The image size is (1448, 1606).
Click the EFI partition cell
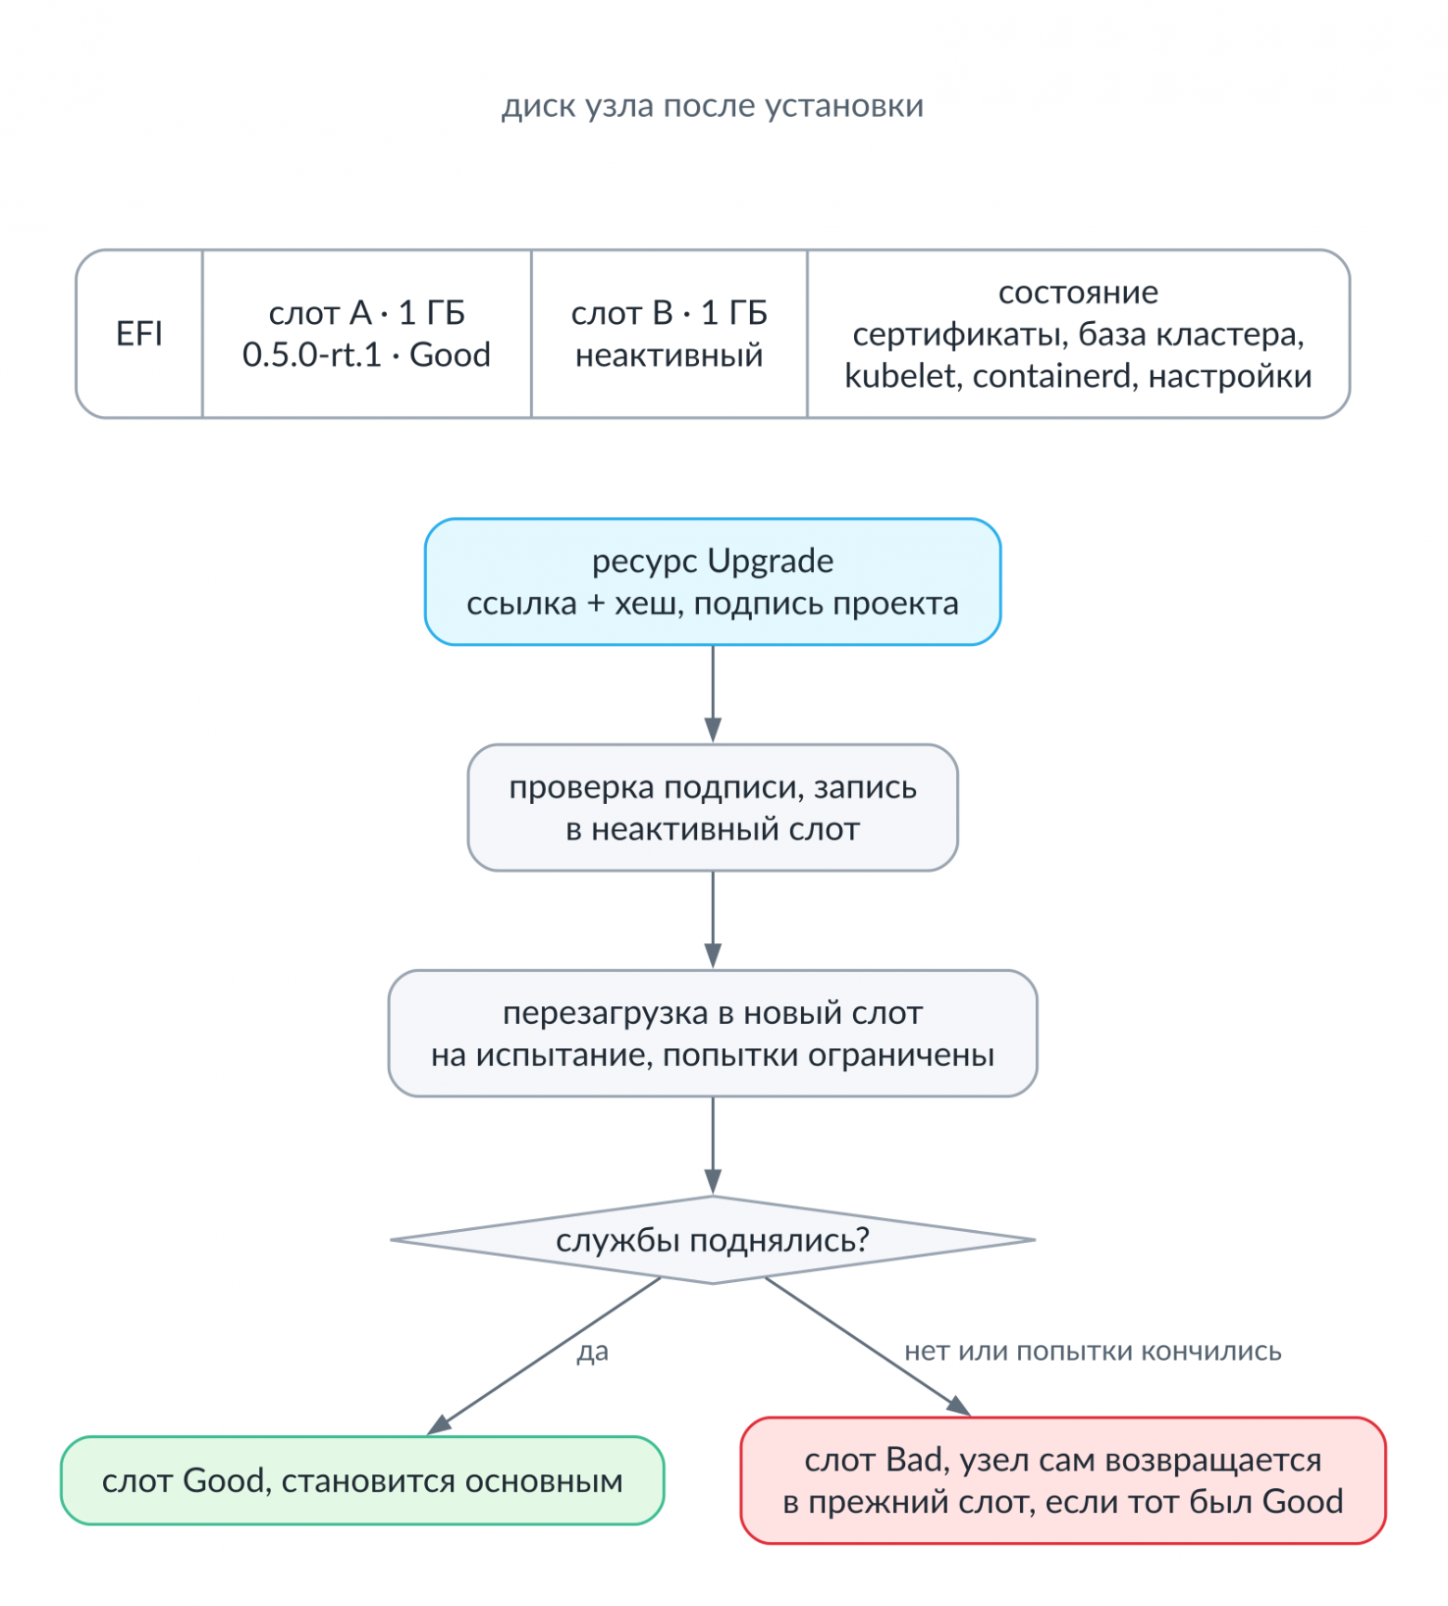(139, 333)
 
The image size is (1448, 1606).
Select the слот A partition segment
(367, 333)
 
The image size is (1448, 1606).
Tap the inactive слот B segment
(669, 333)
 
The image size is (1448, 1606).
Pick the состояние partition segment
(1079, 333)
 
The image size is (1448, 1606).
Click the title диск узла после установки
(713, 107)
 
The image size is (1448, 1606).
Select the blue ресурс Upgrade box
(713, 582)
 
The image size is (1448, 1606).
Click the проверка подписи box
(713, 808)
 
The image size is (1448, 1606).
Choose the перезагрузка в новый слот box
(713, 1033)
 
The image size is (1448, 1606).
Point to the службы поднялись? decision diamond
(713, 1240)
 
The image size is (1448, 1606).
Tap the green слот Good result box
(363, 1481)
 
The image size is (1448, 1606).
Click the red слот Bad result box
(1063, 1481)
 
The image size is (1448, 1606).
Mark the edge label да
(593, 1352)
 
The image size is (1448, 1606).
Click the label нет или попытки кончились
(1092, 1352)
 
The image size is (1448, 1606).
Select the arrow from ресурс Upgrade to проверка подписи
(713, 694)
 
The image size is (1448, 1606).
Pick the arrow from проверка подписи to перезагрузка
(713, 920)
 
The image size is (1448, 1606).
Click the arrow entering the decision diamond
(713, 1146)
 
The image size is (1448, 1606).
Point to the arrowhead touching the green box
(438, 1425)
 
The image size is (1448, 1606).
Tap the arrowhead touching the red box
(960, 1405)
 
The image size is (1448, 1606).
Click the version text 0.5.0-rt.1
(312, 355)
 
